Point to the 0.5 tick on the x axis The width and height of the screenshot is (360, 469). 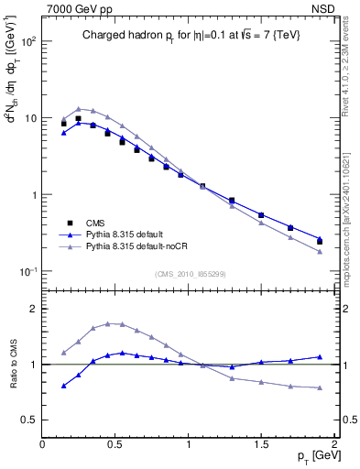coord(115,443)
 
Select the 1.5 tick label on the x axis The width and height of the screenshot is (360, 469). coord(261,443)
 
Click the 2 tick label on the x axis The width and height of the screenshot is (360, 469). coord(335,443)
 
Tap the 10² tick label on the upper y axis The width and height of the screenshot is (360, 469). coord(27,42)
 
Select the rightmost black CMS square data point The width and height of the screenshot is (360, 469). coord(320,242)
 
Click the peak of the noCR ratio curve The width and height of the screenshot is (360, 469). coord(108,323)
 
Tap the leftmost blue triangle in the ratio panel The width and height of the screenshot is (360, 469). coord(63,386)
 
